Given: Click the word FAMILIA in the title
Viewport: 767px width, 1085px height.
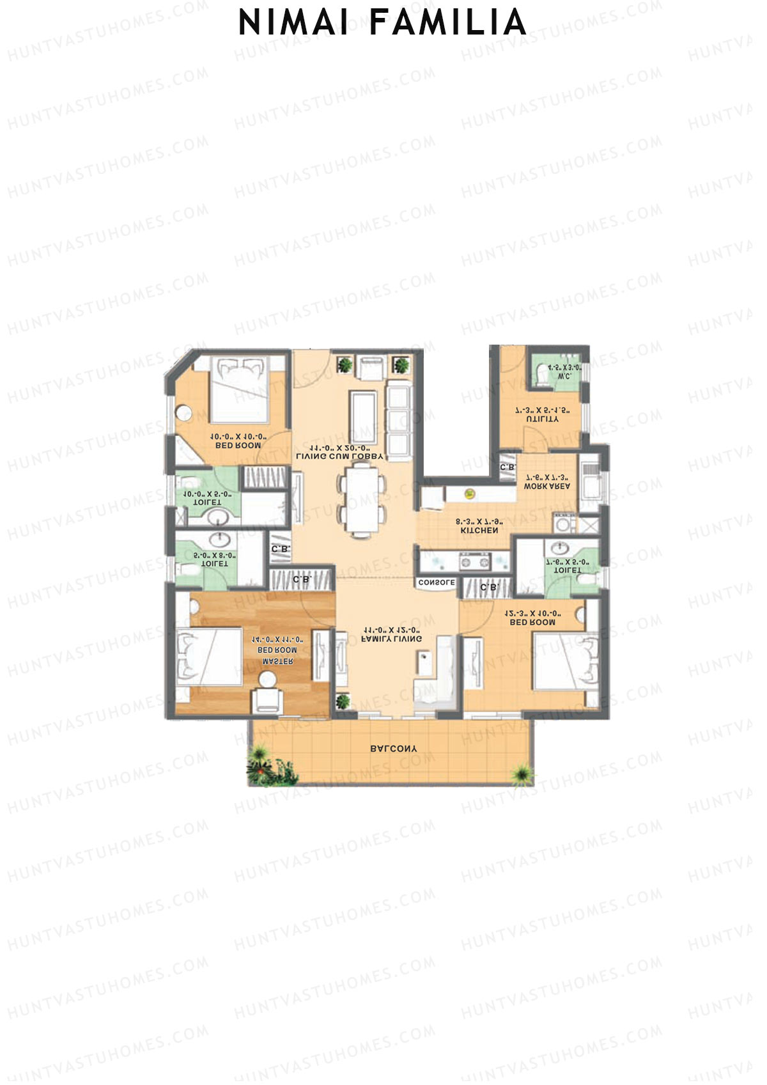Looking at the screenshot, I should pyautogui.click(x=447, y=23).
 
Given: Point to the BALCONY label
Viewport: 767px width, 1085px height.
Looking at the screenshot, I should pyautogui.click(x=394, y=748).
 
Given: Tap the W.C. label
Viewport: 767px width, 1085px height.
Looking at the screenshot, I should pyautogui.click(x=564, y=377).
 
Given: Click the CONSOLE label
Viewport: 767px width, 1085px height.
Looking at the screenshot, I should pyautogui.click(x=437, y=583).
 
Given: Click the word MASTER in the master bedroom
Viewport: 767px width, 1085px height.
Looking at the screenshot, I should pyautogui.click(x=278, y=661).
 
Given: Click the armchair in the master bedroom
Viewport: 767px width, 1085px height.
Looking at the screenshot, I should pyautogui.click(x=267, y=699).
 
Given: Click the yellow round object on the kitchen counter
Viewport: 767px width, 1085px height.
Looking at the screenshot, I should pyautogui.click(x=470, y=493).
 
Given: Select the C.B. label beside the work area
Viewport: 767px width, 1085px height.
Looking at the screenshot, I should pyautogui.click(x=507, y=467).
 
